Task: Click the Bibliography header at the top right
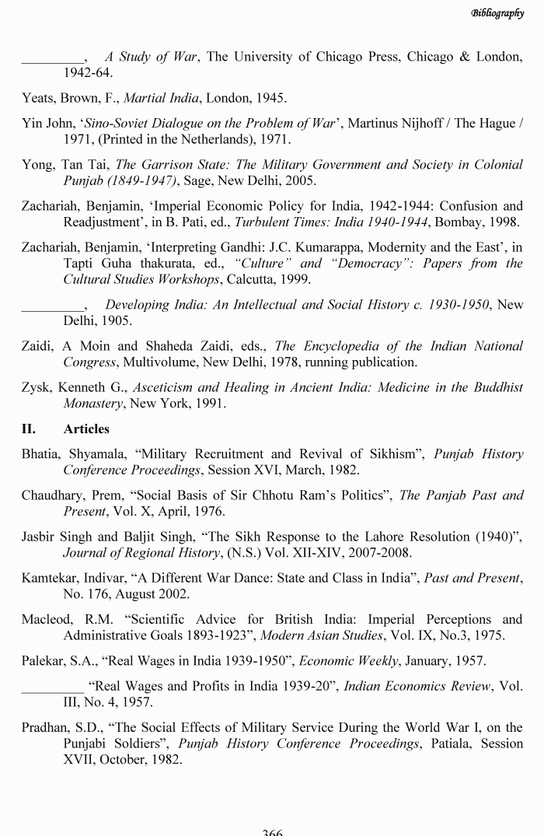[497, 13]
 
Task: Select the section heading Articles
[86, 428]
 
